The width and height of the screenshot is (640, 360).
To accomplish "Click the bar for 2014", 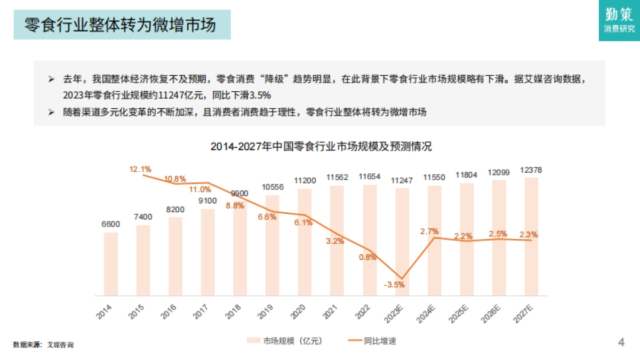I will (111, 263).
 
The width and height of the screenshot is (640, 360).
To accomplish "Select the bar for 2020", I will (305, 242).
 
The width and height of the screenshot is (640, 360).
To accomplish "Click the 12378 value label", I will (531, 170).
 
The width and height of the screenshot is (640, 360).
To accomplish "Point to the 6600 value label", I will (111, 225).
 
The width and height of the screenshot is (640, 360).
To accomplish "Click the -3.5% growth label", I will (394, 284).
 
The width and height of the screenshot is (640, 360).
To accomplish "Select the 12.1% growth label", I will (140, 169).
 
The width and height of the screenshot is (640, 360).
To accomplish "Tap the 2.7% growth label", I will (429, 231).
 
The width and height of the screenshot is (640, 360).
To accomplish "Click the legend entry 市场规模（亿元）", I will (285, 340).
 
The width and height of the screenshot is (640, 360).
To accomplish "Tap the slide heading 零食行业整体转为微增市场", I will (121, 25).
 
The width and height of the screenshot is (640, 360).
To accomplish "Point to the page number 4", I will (621, 342).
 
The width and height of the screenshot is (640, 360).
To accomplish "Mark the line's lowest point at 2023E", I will (402, 279).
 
